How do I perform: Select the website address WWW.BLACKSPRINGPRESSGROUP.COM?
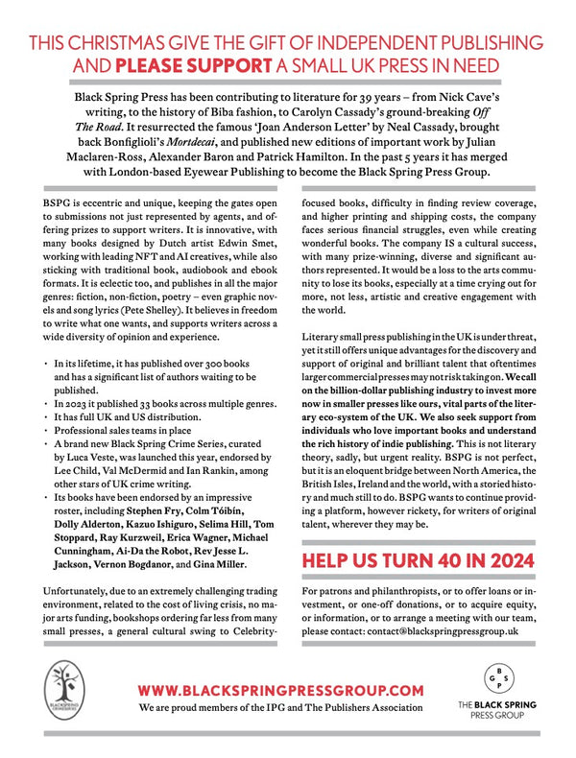pyautogui.click(x=280, y=690)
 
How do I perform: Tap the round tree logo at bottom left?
pyautogui.click(x=66, y=699)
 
